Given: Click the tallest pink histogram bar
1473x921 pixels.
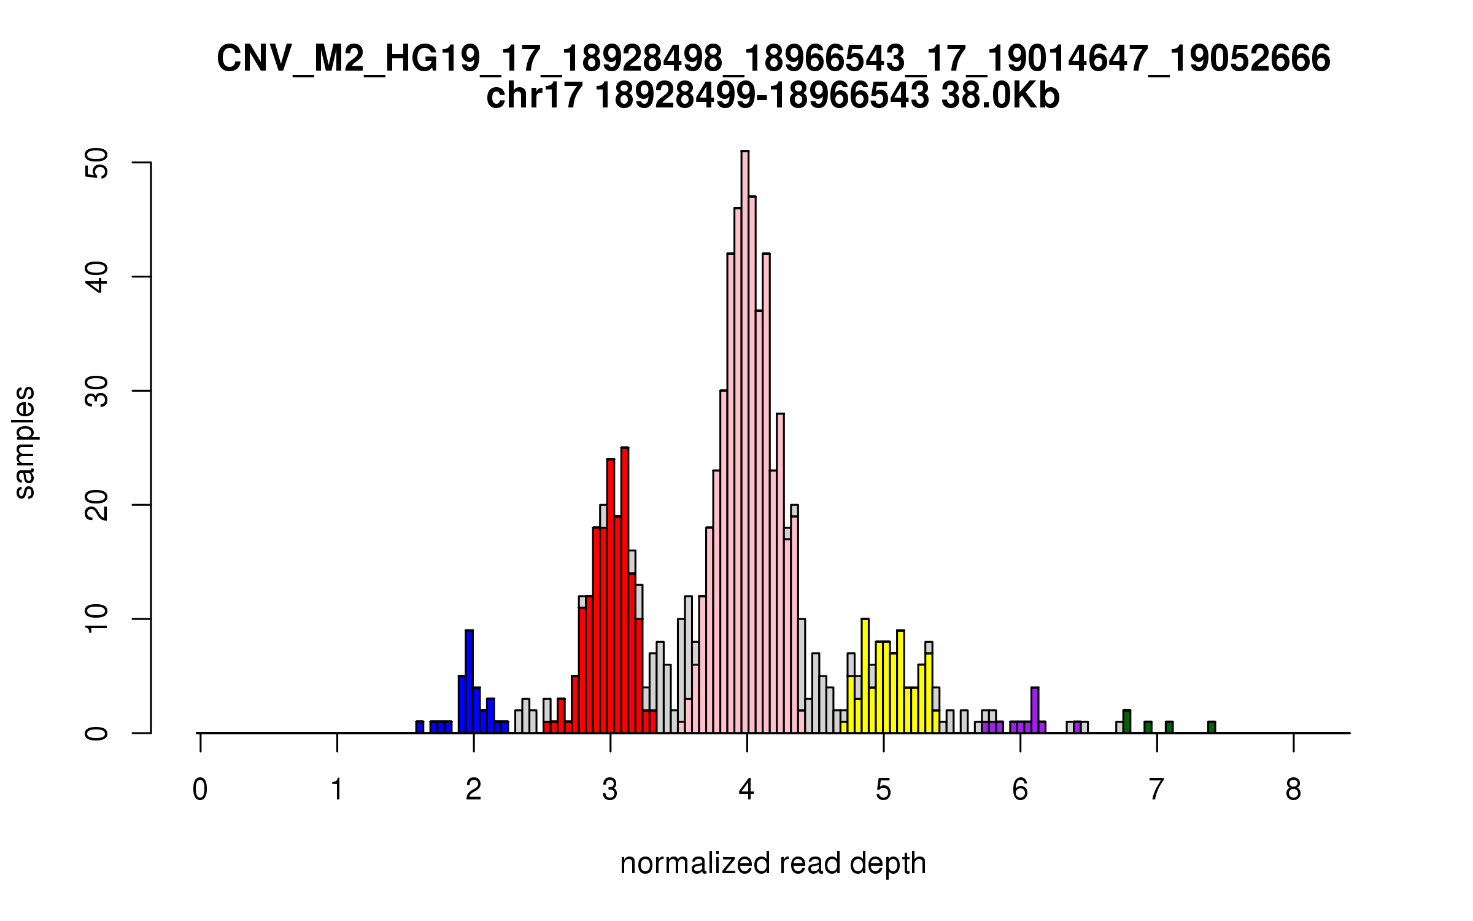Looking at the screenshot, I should pos(744,442).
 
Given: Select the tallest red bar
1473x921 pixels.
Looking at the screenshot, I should pos(624,589).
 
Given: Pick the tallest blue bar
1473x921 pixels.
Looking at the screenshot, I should pos(469,682).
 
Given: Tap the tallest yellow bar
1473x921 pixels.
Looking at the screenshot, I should pos(865,675).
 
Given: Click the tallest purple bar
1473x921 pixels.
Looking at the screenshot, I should pos(1035,710).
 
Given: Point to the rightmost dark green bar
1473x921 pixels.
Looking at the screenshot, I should pos(1212,728).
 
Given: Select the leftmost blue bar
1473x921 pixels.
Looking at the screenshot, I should pos(420,728).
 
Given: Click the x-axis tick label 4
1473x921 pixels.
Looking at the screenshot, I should pos(747,790).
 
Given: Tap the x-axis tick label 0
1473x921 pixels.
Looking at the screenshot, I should pos(200,790).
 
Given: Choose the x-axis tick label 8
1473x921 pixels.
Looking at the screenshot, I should pos(1294,790).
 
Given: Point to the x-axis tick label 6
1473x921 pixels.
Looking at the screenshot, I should pos(1020,790).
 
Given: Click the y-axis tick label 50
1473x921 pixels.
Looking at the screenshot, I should pos(97,163).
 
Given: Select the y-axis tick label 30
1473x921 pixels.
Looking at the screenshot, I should pos(97,391).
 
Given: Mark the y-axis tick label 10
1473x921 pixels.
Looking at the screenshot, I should pos(97,619).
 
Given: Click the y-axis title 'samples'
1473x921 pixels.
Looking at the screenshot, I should pos(25,442).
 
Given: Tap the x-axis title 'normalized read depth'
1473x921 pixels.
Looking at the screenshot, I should pos(773,863).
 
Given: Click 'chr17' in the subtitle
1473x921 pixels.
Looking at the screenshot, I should pos(533,96).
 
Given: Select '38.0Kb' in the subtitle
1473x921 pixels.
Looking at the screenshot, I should pos(1000,96).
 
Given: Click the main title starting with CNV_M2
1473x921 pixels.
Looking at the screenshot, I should pos(773,59).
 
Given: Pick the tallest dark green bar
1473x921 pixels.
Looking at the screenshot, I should pos(1127,721).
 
